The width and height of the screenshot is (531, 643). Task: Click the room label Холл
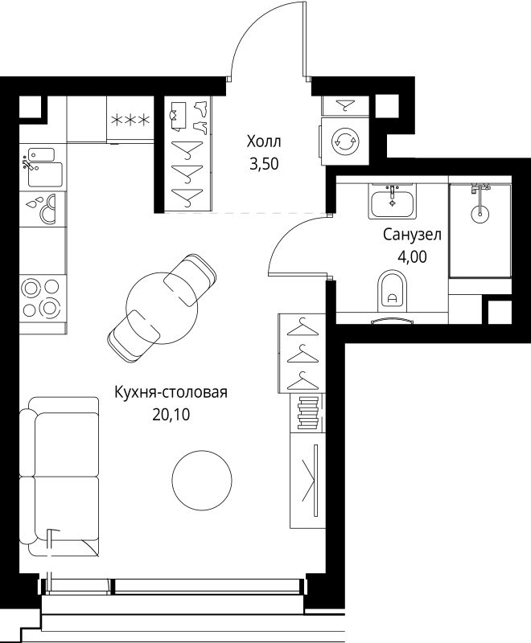point(264,142)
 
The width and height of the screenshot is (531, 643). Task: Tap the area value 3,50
point(264,166)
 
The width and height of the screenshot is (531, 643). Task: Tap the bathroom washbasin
point(392,202)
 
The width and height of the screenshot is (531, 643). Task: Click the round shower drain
point(480,213)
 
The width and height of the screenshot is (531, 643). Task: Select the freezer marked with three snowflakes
point(130,120)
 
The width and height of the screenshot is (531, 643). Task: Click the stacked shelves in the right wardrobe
point(306,413)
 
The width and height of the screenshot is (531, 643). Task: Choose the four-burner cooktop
point(42,297)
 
